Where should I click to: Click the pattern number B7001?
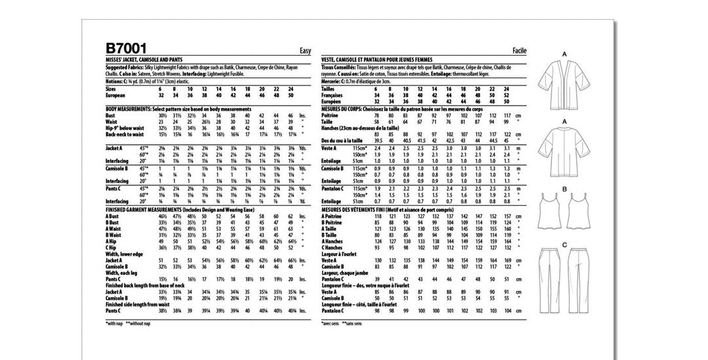[x=127, y=49]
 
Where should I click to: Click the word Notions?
[x=115, y=80]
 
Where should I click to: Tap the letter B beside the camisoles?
[x=564, y=190]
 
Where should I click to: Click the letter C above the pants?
[x=564, y=245]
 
